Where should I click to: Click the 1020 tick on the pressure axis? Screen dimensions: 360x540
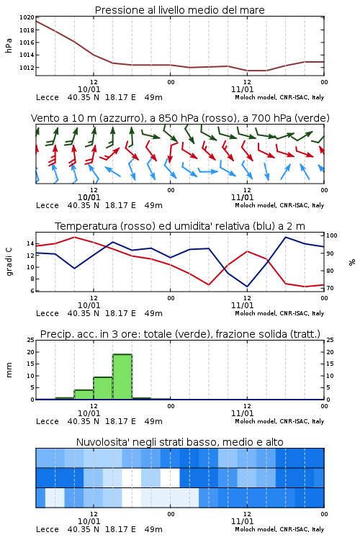click(27, 17)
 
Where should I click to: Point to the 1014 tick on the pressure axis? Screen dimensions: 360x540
click(27, 55)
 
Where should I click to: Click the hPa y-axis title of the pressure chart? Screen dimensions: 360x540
click(9, 45)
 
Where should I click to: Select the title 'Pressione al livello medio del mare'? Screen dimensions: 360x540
click(180, 10)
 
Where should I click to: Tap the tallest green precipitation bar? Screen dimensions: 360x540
click(122, 377)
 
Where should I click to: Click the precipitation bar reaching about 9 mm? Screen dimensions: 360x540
click(103, 388)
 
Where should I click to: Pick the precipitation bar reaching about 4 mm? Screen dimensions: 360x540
click(84, 395)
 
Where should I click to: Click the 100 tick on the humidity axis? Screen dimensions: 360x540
click(332, 235)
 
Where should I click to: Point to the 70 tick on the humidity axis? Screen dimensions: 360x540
click(330, 288)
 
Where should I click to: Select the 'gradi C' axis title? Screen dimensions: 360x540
click(9, 261)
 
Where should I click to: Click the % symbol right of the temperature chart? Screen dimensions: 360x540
click(352, 262)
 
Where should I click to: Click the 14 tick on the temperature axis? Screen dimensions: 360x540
click(30, 243)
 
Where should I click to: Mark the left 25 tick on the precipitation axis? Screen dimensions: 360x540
click(30, 340)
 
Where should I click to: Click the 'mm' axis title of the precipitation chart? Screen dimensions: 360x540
click(9, 370)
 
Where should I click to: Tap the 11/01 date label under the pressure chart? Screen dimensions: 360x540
click(242, 89)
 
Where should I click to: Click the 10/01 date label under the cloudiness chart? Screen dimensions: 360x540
click(89, 521)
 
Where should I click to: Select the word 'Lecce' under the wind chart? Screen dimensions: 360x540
click(48, 205)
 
